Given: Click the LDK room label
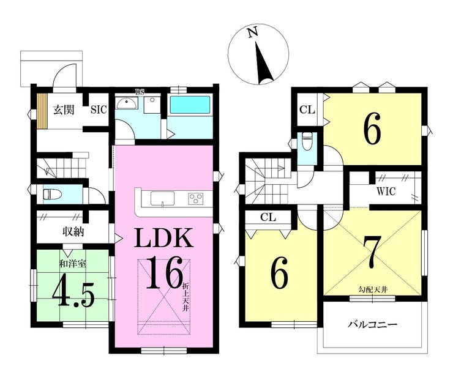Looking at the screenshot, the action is [164, 237].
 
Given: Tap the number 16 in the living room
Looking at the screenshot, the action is [163, 272].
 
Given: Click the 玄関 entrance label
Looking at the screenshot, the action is [64, 110].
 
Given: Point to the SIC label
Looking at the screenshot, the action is [99, 110].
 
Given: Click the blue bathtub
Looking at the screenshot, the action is [190, 105].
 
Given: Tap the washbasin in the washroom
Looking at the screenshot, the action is [127, 103].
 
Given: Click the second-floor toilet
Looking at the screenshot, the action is [306, 141].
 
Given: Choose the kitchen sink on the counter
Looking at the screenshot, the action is [162, 198].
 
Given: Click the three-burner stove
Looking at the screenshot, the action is [195, 199].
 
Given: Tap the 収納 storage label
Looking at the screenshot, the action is [73, 231].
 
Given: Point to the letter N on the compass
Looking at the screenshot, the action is [253, 32].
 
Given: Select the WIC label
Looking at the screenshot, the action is [386, 192].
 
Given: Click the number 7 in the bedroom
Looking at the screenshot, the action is [372, 251].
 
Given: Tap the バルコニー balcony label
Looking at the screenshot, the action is [372, 325].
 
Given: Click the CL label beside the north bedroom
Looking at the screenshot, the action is [307, 110].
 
